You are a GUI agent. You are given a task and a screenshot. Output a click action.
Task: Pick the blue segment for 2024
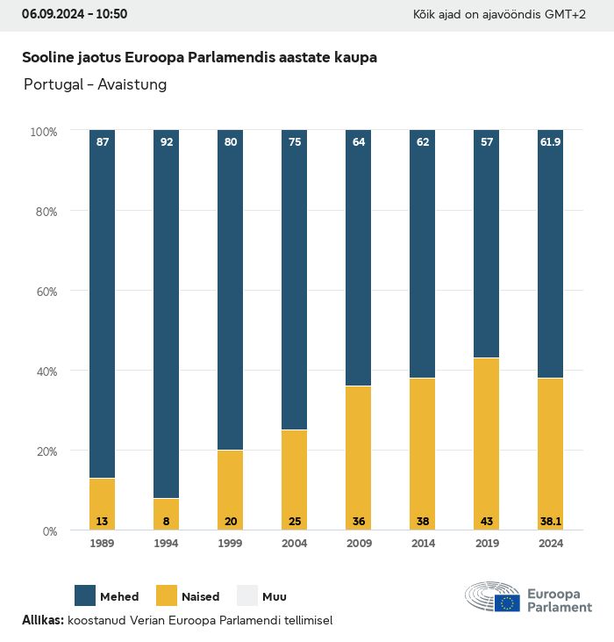550,255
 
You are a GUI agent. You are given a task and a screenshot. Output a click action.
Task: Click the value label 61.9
550,141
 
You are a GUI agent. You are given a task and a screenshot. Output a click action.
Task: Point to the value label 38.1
550,522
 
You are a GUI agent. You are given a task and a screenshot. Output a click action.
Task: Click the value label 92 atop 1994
167,141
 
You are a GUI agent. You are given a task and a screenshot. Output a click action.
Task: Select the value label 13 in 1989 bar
103,522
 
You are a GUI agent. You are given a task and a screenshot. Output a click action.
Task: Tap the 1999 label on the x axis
230,544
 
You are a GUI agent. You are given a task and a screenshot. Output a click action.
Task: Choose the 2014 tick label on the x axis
422,544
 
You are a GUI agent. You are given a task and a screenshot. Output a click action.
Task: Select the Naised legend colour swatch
167,595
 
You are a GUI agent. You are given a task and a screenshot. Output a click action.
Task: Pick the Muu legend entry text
275,597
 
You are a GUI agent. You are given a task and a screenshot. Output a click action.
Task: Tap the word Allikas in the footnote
42,620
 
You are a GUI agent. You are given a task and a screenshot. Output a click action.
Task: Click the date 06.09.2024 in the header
51,14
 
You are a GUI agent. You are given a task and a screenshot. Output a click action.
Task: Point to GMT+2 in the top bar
566,15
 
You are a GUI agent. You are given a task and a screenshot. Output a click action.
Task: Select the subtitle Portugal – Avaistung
95,84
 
